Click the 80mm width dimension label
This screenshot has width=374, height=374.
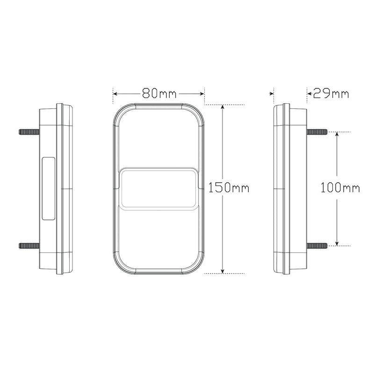pos(159,93)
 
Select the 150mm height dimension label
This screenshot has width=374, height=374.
pos(229,187)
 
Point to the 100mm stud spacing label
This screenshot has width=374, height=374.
pos(340,187)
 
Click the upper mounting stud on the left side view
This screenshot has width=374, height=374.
pos(29,132)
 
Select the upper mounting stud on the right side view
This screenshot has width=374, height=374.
pos(317,132)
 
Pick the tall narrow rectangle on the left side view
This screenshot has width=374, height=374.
pos(49,188)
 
